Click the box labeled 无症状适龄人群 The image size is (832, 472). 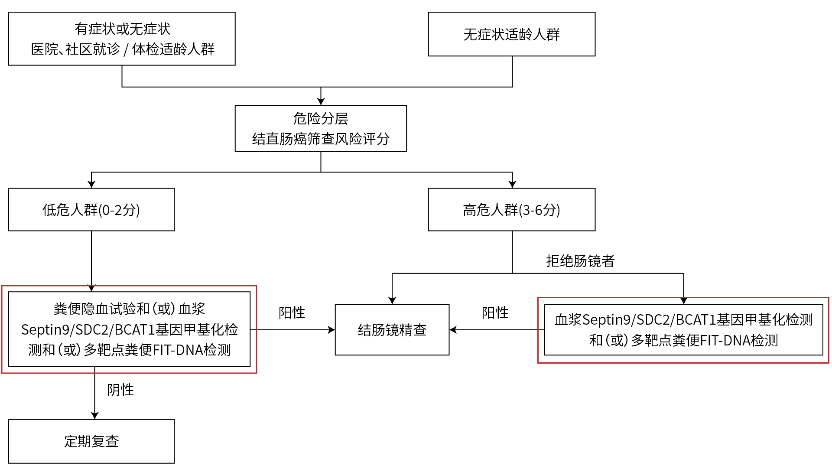[x=511, y=34]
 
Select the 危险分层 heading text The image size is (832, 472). [x=321, y=118]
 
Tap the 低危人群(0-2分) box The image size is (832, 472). [x=91, y=210]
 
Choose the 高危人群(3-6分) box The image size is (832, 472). [x=511, y=210]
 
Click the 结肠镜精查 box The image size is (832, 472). [x=392, y=330]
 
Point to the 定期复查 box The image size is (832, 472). [x=91, y=441]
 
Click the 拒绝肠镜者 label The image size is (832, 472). [x=580, y=261]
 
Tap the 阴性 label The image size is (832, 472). [x=120, y=390]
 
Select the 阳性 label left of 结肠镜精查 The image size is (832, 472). [x=292, y=312]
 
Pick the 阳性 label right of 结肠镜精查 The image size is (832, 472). [x=495, y=312]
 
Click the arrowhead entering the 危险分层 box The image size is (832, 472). [x=321, y=101]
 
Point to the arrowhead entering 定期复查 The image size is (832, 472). [x=94, y=415]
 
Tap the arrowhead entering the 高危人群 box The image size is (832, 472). [x=512, y=184]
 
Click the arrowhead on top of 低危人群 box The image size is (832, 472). [x=91, y=184]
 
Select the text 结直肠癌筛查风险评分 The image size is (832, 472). [x=321, y=139]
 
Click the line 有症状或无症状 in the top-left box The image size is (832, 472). [x=122, y=29]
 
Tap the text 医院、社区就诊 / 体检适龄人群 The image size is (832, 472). [x=122, y=49]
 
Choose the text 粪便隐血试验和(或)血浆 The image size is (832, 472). [x=129, y=309]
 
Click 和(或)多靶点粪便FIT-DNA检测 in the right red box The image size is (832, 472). [x=683, y=341]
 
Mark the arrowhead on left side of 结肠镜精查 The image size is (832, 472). [x=331, y=330]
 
